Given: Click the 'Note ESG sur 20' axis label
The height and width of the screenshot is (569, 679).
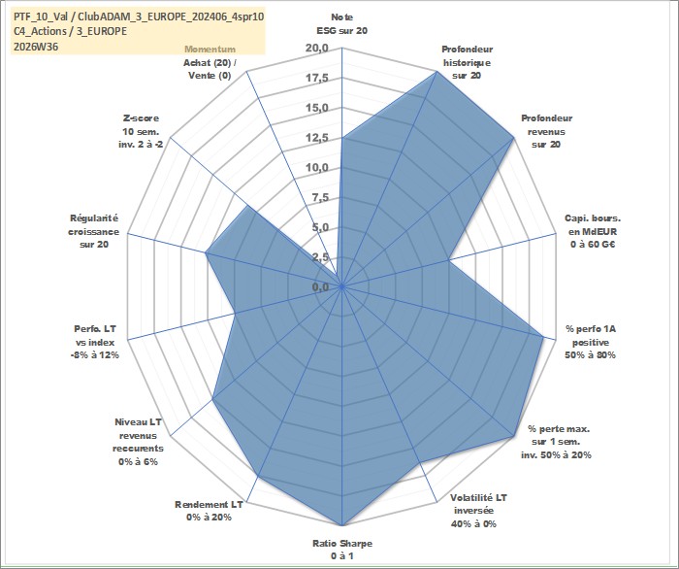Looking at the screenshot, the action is tap(342, 24).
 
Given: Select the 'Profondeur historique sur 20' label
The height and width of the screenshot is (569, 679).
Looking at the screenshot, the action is tap(467, 62).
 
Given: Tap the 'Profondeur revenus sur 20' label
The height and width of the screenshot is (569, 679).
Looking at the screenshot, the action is tap(546, 131).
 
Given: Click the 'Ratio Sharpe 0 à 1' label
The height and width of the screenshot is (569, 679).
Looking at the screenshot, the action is tap(342, 550).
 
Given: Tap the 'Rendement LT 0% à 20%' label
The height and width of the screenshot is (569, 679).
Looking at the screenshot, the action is tap(209, 511).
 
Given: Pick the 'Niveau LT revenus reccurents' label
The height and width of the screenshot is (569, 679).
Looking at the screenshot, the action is tap(138, 442).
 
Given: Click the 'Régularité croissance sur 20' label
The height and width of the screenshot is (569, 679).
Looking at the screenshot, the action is tap(93, 231).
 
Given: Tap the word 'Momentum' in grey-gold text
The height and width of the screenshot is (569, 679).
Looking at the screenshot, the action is tap(210, 50).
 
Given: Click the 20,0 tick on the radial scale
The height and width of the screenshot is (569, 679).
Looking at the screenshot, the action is tap(317, 49).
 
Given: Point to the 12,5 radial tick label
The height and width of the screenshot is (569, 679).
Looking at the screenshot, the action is tap(317, 138).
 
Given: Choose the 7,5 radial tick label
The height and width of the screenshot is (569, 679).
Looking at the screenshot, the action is tap(320, 198).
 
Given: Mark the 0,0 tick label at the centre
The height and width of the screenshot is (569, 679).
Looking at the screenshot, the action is tap(320, 286).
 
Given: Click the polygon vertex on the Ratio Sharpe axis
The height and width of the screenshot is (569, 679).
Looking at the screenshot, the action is tap(342, 525).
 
